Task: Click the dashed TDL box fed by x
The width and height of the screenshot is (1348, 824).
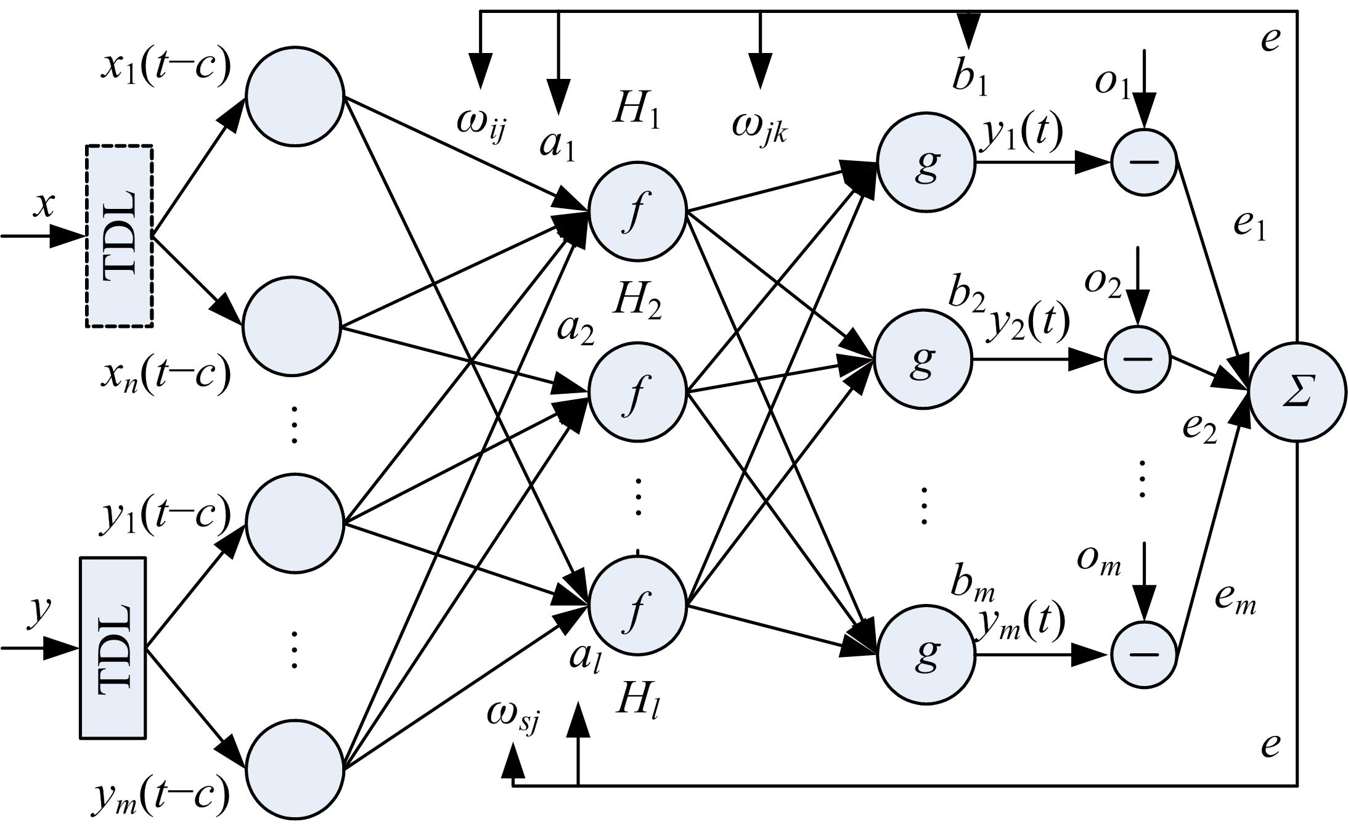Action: click(119, 237)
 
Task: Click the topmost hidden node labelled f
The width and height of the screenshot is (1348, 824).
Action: click(637, 210)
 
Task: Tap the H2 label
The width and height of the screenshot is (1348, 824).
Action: click(637, 302)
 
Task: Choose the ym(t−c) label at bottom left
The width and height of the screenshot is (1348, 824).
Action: click(161, 796)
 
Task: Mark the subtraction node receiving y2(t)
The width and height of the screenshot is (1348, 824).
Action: click(1137, 359)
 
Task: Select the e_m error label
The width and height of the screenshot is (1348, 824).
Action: click(1235, 599)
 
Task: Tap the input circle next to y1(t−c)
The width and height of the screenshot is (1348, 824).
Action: click(294, 523)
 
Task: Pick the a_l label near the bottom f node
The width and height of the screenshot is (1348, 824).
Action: click(584, 658)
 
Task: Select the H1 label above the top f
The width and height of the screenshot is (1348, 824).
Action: click(636, 113)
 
